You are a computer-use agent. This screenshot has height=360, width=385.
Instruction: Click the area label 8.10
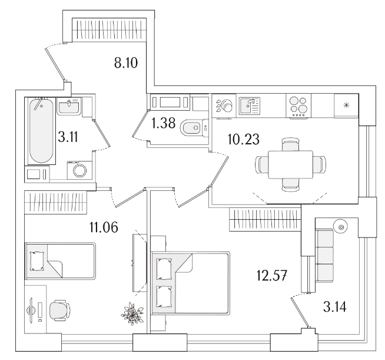(126, 62)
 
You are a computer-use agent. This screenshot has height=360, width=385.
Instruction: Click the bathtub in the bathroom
(40, 131)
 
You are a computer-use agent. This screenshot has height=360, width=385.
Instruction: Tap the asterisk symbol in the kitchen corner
(346, 105)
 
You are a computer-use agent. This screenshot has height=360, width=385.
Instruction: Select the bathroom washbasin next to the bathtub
(71, 108)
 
